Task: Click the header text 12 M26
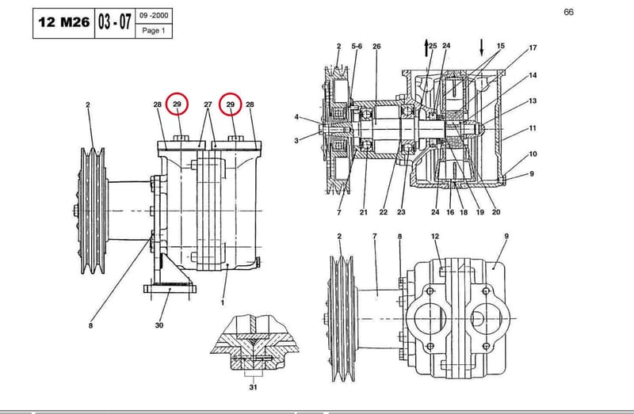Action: [64, 22]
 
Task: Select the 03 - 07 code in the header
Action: [114, 22]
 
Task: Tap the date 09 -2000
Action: [154, 16]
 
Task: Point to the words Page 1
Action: [154, 30]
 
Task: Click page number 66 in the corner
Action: [568, 12]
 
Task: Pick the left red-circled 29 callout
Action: [177, 104]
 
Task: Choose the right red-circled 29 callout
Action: [231, 104]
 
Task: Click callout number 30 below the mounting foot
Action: [159, 325]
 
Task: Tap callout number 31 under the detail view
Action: [253, 387]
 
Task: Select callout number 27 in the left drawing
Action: [208, 104]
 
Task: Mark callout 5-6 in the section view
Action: [357, 47]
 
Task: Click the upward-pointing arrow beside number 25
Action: [426, 47]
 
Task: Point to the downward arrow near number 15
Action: [481, 47]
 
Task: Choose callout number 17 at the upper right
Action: [533, 47]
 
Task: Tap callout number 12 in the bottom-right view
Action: [435, 236]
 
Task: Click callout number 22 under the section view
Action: [384, 212]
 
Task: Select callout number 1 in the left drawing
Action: [223, 302]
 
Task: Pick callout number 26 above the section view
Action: [376, 47]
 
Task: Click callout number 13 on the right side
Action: [533, 101]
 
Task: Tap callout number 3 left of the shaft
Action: [296, 141]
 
